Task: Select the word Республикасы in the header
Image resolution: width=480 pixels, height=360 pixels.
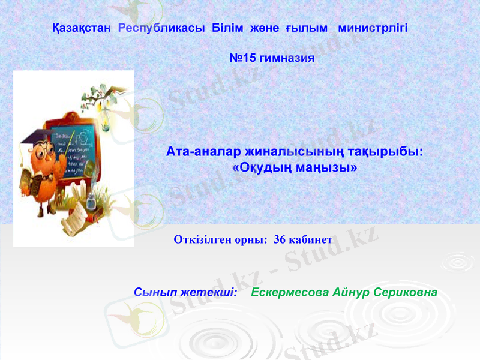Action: coord(162,28)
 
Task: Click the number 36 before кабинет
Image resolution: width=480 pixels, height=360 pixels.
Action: coord(279,239)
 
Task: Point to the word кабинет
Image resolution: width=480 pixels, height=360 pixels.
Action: coord(310,239)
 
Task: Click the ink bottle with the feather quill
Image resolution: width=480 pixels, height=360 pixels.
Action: coord(91,200)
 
